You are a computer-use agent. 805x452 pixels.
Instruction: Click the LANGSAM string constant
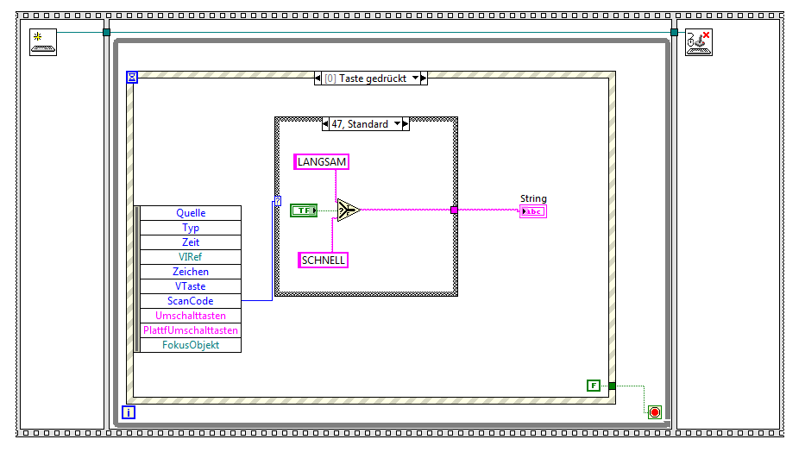coord(323,161)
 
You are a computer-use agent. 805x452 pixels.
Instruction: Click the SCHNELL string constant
coord(323,260)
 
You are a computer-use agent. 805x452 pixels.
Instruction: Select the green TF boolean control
coord(304,210)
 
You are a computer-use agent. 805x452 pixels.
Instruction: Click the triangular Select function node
coord(347,210)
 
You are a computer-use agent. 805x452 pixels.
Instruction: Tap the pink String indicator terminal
coord(532,211)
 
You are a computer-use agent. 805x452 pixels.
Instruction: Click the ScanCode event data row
coord(190,301)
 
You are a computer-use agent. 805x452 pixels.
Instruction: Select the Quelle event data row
coord(190,213)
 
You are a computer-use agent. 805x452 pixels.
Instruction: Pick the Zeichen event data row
coord(190,272)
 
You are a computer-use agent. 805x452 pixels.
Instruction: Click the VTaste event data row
coord(190,286)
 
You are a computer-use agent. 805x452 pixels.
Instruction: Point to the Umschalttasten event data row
coord(190,316)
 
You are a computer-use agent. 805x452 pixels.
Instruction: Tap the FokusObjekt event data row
coord(190,345)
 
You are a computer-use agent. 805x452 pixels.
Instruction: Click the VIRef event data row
coord(190,257)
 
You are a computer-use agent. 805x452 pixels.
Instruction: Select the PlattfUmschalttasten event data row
coord(190,330)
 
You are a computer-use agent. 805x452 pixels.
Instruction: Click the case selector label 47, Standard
coord(360,124)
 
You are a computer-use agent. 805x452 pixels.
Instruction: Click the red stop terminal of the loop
coord(654,412)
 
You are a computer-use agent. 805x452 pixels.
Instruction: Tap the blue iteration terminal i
coord(129,412)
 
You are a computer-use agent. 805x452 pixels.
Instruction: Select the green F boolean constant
coord(593,386)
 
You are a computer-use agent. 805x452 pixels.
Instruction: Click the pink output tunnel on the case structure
coord(454,210)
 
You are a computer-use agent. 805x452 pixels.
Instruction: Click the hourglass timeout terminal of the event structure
coord(132,78)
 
